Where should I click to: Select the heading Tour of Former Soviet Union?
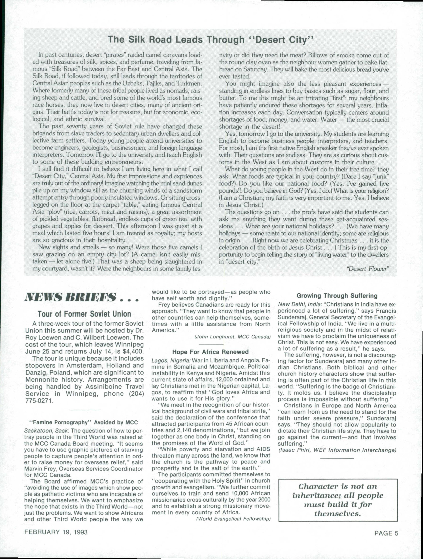[x=84, y=314]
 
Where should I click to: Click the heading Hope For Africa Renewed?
[x=211, y=352]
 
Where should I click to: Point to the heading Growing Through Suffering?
[x=337, y=296]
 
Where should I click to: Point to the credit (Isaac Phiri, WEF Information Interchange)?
[x=337, y=450]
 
